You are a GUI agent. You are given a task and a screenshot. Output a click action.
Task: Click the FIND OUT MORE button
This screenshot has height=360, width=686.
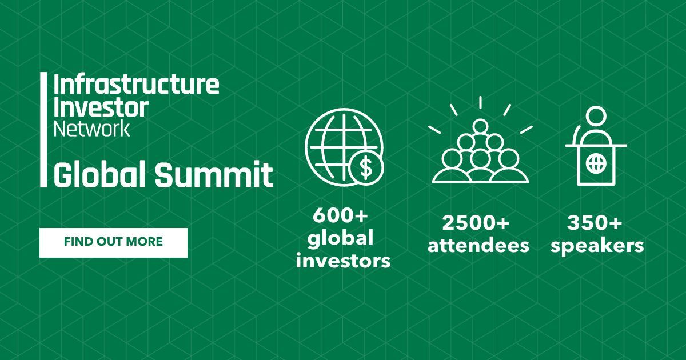[x=113, y=242]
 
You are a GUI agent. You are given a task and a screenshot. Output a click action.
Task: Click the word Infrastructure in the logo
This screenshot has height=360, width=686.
[x=137, y=85]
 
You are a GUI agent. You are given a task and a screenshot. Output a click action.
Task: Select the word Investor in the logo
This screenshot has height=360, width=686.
[x=101, y=107]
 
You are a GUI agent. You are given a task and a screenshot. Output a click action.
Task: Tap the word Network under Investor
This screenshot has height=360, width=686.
[x=92, y=129]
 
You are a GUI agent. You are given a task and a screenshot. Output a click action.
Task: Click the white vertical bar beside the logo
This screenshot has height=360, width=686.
[x=43, y=130]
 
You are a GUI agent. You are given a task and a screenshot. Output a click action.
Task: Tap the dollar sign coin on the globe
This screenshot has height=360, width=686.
[x=366, y=167]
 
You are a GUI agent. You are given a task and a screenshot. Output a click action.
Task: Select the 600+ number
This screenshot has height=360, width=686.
[x=340, y=216]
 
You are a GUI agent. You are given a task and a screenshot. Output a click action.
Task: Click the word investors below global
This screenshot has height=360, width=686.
[x=344, y=261]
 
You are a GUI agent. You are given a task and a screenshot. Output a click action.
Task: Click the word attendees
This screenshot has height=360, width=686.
[x=478, y=246]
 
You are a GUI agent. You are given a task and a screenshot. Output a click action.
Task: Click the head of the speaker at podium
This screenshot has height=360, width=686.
[x=596, y=116]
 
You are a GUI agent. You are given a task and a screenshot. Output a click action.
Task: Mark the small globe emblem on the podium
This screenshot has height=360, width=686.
[x=596, y=163]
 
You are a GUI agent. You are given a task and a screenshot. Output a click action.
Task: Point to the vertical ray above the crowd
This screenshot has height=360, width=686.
[x=481, y=102]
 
